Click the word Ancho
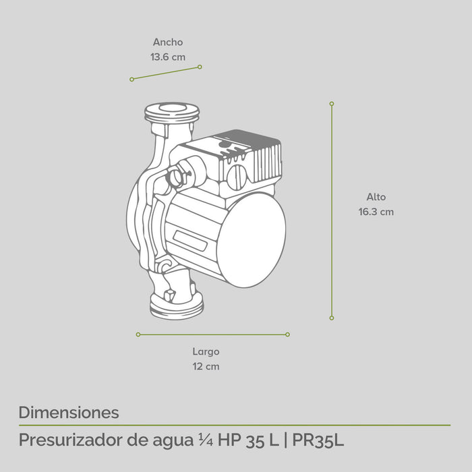tap(167, 42)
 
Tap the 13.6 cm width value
tap(167, 57)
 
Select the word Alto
tap(376, 197)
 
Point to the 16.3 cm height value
tap(376, 212)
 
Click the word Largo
tap(206, 351)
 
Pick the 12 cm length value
tap(206, 367)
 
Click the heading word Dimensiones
tap(69, 412)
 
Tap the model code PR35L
tap(318, 441)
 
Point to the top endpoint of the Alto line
tap(332, 104)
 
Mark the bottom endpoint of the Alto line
tap(332, 318)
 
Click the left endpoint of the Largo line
tap(138, 334)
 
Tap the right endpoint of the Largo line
tap(288, 334)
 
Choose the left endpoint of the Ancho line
tap(131, 80)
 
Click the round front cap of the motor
tap(252, 240)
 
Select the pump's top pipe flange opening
tap(172, 109)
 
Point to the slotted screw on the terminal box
tap(237, 177)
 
